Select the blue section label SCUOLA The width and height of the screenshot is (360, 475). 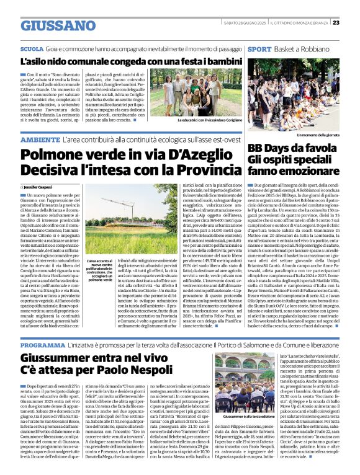pyautogui.click(x=32, y=48)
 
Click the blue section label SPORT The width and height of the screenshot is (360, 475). pyautogui.click(x=258, y=48)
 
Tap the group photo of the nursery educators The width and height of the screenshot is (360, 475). pyautogui.click(x=203, y=93)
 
